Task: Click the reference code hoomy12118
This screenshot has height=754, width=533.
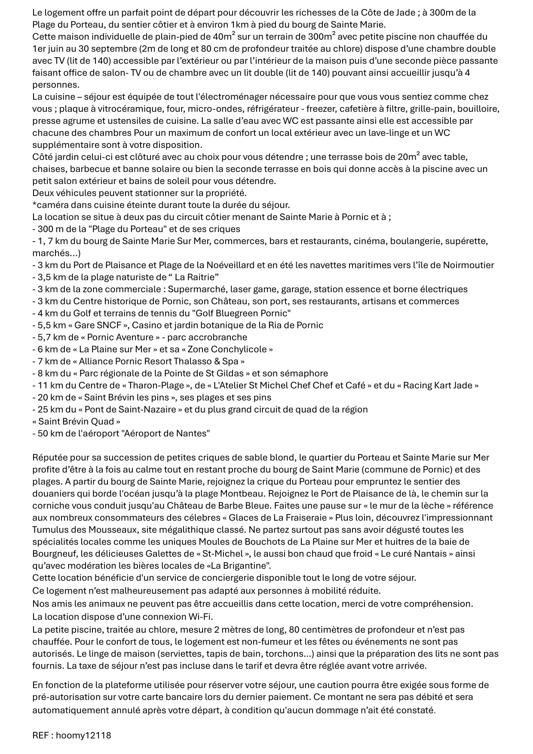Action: (x=83, y=736)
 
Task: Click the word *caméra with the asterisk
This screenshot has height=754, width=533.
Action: (x=51, y=205)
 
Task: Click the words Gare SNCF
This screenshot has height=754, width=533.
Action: (x=98, y=325)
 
